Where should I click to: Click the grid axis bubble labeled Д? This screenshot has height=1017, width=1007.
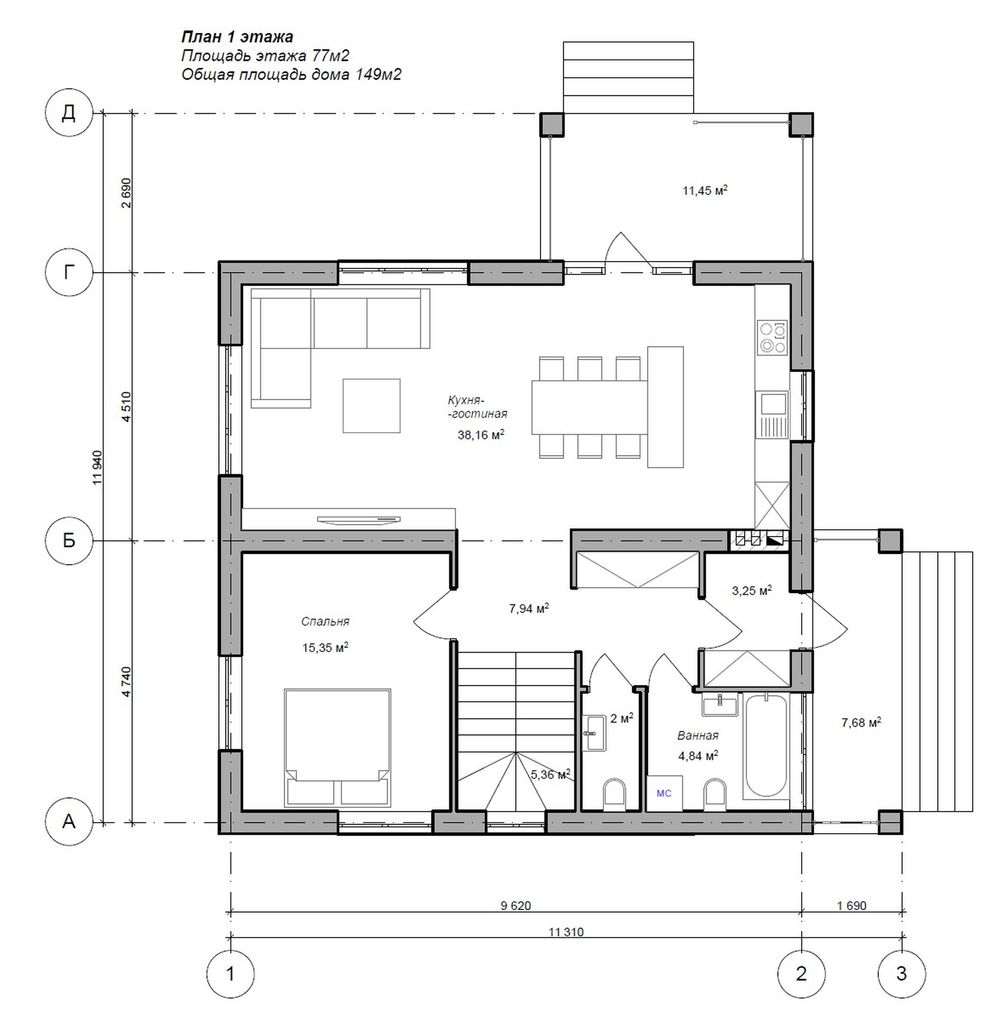69,113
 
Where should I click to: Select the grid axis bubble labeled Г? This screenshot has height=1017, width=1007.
69,272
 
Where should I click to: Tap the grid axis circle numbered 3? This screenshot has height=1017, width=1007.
902,973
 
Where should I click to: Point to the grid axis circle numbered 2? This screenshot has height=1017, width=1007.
801,973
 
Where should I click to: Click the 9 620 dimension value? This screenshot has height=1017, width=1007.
515,905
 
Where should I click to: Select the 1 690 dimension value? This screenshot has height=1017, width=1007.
851,905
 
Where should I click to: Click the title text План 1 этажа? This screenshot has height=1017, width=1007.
237,37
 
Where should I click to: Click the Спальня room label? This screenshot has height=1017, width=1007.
325,621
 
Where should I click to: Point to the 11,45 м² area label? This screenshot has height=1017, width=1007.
705,190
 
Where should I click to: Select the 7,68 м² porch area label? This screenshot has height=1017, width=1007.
861,722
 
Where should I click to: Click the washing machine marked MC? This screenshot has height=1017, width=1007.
664,793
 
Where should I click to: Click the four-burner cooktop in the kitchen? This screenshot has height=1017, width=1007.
772,337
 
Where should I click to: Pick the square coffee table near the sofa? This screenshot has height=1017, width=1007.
371,405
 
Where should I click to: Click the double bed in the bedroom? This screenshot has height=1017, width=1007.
337,747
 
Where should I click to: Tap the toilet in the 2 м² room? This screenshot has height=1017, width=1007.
614,795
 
